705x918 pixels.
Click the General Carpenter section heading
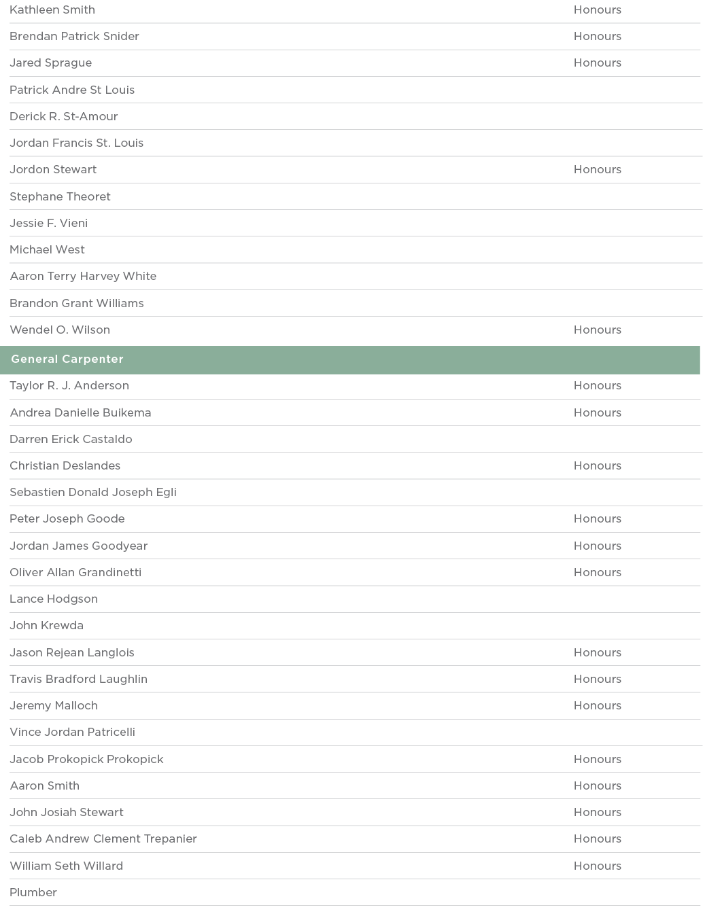67,359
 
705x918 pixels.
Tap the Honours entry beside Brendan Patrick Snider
597,37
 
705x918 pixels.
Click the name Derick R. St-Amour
64,117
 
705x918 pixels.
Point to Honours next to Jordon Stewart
597,170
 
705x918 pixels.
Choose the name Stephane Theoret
60,197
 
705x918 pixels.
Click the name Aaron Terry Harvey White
83,277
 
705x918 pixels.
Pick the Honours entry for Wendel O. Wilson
597,330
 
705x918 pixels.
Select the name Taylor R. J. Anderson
69,386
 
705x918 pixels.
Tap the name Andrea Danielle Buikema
80,413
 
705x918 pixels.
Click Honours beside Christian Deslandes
597,466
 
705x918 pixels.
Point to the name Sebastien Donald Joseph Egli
93,493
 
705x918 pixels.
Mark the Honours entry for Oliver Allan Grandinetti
597,573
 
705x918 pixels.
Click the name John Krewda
46,626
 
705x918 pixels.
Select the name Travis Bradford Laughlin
78,679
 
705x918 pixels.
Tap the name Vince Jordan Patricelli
72,732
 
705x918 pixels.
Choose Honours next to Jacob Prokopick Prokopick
597,760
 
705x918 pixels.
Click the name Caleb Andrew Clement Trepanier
103,839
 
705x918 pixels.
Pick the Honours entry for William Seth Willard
597,866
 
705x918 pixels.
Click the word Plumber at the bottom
33,893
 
